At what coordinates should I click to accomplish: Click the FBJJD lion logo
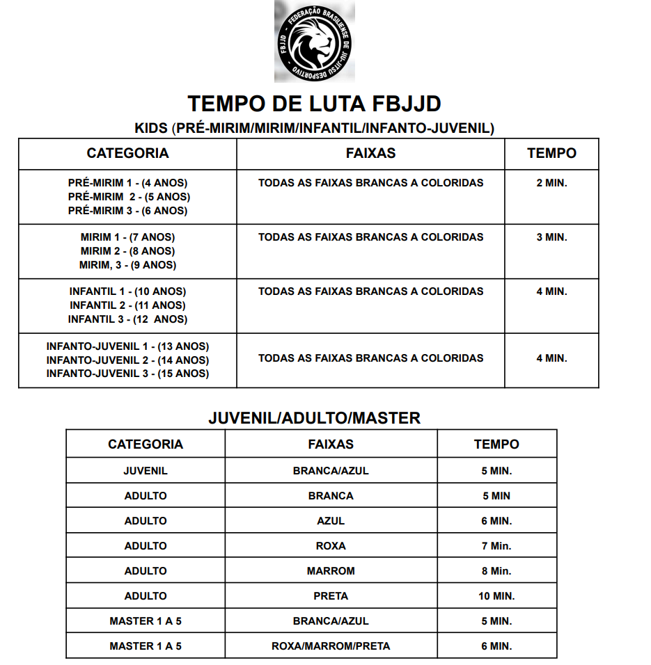[315, 42]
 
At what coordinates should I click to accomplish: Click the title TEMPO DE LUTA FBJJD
[315, 104]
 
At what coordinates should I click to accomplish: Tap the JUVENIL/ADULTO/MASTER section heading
[315, 418]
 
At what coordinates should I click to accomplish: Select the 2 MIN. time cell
[551, 183]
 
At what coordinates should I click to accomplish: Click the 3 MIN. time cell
[551, 237]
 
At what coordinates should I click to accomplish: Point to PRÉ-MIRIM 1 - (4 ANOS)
[128, 183]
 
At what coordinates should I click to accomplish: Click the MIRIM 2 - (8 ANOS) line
[128, 251]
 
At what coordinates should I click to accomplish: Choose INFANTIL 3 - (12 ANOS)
[128, 319]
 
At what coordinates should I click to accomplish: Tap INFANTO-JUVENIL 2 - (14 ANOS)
[128, 360]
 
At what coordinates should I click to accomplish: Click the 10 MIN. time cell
[496, 596]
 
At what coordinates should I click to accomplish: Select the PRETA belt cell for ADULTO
[331, 596]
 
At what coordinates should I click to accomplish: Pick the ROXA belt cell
[331, 546]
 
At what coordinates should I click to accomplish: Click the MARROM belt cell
[331, 571]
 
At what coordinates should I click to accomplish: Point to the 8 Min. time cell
[496, 571]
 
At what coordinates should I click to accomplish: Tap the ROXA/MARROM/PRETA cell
[331, 646]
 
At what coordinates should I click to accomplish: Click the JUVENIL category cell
[146, 471]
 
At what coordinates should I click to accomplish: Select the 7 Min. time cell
[496, 546]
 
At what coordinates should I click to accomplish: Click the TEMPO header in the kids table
[551, 153]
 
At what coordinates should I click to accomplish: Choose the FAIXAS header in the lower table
[331, 444]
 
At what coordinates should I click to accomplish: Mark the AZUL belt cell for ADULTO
[331, 521]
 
